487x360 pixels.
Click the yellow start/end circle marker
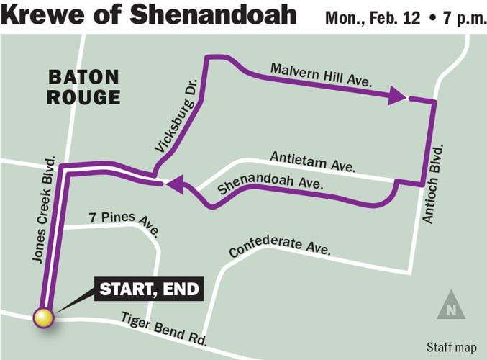pos(43,318)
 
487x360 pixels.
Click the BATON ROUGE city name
pos(83,87)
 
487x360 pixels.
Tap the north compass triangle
pos(450,305)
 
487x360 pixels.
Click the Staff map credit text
pos(451,348)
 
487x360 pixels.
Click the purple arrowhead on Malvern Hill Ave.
pos(397,95)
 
